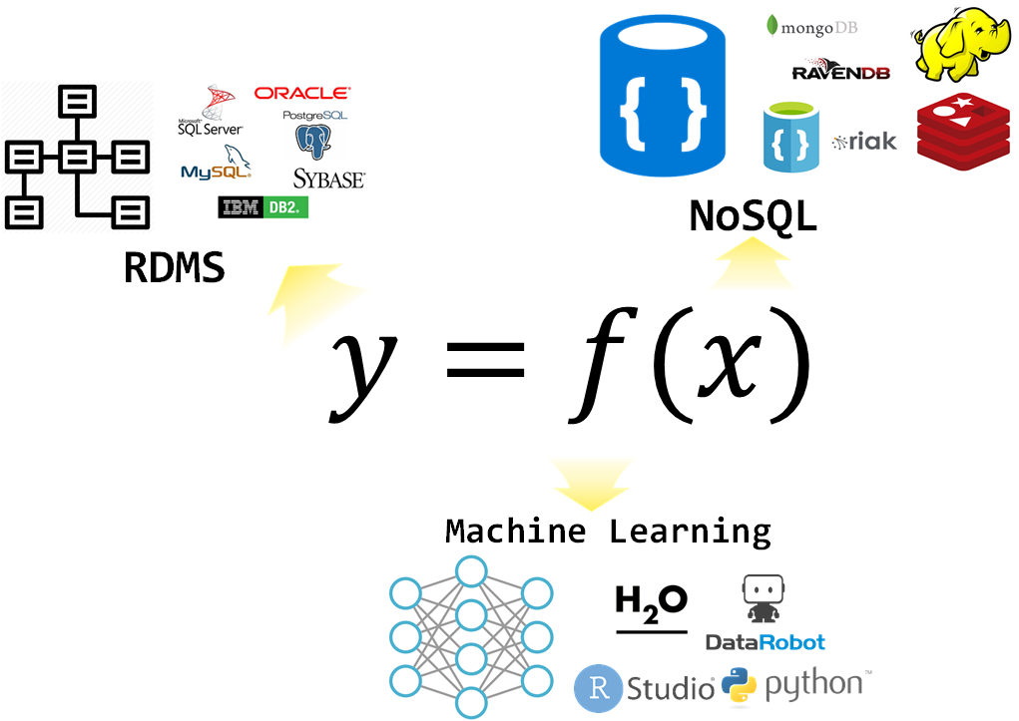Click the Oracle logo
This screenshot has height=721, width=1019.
click(301, 94)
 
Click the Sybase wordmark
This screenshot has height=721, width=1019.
click(328, 180)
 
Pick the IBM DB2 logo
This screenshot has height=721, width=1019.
click(263, 207)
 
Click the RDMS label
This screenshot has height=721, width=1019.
click(174, 267)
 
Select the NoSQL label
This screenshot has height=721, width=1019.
click(753, 216)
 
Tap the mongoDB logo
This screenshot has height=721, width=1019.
click(811, 27)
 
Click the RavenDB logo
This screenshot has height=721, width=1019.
click(841, 71)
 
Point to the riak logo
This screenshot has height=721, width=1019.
click(864, 142)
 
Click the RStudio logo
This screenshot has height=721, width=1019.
click(644, 687)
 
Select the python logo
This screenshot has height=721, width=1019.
click(796, 685)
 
